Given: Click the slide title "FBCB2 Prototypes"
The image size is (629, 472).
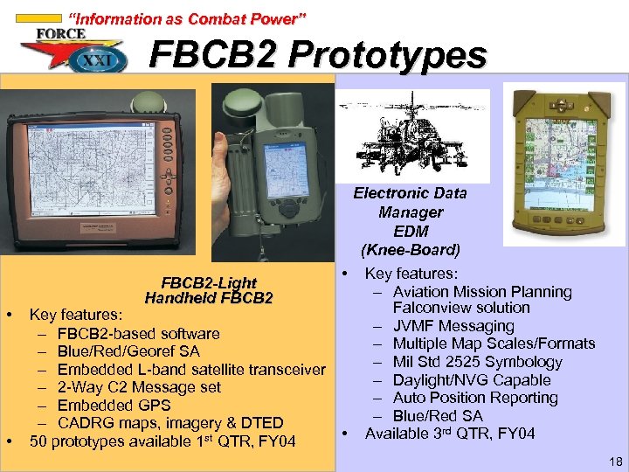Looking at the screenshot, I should [x=317, y=56].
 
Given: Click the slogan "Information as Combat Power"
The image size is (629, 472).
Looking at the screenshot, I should [x=187, y=18].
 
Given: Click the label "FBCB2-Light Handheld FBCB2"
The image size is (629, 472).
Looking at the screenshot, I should [x=209, y=290].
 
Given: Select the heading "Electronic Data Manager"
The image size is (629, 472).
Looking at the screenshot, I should [x=410, y=203].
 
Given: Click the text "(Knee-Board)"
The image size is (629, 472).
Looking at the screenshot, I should [x=411, y=249].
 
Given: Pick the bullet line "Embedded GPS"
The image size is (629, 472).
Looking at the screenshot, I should [x=114, y=406].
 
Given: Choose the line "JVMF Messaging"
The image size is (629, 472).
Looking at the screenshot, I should [x=453, y=326].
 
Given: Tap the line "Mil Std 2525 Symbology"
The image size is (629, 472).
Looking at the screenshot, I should [x=477, y=362].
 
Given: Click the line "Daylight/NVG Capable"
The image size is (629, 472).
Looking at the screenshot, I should [x=472, y=380].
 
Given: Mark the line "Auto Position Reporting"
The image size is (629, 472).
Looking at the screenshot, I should [x=475, y=398].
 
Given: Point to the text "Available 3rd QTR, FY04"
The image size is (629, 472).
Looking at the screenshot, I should [x=449, y=434].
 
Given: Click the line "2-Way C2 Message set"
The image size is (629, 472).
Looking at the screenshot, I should [x=139, y=387].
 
